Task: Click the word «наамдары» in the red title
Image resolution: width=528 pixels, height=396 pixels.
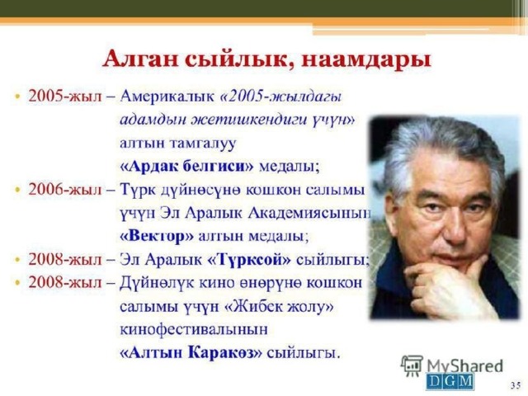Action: (366, 60)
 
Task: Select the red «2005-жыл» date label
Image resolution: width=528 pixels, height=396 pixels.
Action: (64, 97)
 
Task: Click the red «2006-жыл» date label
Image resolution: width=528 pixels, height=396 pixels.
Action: (64, 190)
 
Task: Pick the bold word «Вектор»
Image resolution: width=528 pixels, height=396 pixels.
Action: (157, 236)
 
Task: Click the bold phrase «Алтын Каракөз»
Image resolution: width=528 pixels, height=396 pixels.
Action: (191, 353)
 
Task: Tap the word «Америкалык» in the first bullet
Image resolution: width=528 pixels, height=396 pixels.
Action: (167, 97)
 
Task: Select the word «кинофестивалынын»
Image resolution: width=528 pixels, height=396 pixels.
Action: (194, 329)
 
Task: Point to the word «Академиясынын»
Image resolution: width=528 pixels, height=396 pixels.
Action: (309, 213)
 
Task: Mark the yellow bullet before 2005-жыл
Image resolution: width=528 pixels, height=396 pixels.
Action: (17, 97)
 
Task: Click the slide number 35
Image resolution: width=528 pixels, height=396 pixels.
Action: (515, 385)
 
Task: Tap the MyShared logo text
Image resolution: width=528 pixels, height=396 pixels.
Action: (464, 366)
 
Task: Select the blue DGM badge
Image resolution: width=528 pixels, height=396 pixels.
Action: (450, 381)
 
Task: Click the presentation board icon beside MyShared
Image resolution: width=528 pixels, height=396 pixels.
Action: (412, 365)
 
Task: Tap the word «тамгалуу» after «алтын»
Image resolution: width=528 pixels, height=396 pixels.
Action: (202, 143)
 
